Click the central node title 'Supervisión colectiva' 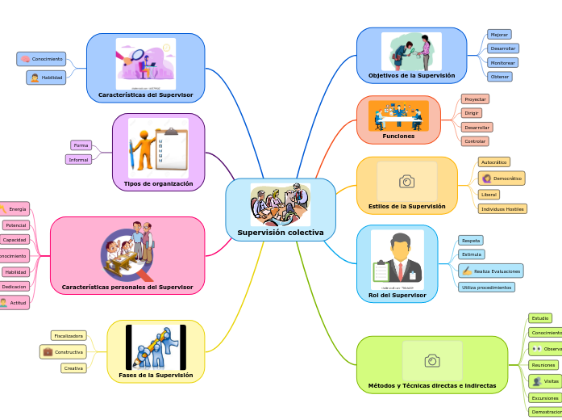point(281,233)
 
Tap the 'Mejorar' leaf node point(499,35)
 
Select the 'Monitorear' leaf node point(503,62)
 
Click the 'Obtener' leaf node point(499,76)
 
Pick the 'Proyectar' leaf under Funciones point(475,99)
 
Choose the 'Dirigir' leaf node point(472,113)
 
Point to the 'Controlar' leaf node point(474,141)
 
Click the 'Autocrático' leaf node point(493,162)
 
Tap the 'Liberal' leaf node point(489,194)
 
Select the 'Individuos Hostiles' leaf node point(502,208)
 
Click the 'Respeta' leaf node point(471,240)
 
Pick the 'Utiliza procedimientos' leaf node point(486,287)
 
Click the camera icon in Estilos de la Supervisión point(407,182)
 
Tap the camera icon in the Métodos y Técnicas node point(432,360)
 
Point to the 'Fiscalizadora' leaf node point(68,335)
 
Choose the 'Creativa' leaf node point(73,368)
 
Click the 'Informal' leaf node point(78,159)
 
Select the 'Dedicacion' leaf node point(15,287)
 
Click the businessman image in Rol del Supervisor point(398,258)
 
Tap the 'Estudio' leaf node point(539,318)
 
